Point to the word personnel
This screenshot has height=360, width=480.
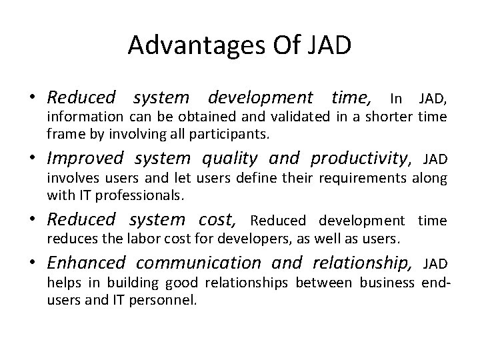172,299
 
